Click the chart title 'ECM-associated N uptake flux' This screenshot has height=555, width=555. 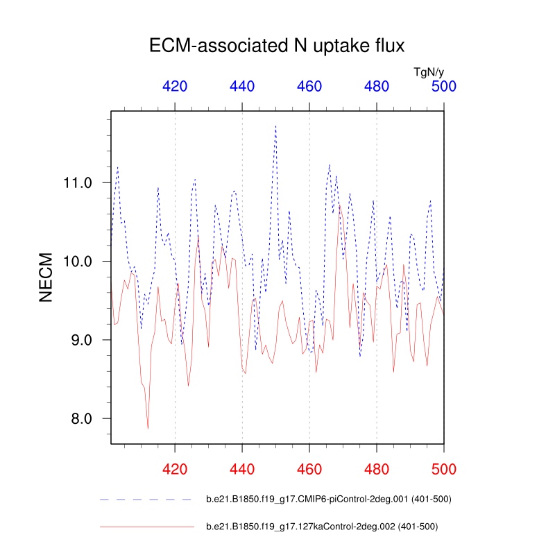(277, 46)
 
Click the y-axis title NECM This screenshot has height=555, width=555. (46, 276)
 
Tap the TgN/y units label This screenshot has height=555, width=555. (428, 71)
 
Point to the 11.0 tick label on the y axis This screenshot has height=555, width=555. (78, 183)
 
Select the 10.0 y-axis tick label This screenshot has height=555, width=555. (78, 262)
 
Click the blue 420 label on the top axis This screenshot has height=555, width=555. (175, 87)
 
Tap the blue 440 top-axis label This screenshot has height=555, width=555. (242, 87)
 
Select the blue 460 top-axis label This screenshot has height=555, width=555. (309, 87)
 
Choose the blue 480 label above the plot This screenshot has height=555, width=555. (377, 87)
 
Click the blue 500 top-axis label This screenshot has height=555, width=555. (444, 87)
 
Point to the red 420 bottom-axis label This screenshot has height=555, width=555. (175, 468)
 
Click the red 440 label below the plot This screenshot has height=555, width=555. (242, 468)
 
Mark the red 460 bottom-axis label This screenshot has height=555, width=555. (309, 468)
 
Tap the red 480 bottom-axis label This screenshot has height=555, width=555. (377, 468)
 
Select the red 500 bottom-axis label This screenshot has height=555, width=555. (444, 468)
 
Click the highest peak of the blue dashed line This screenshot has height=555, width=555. (275, 126)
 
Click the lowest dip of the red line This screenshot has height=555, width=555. (148, 429)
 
